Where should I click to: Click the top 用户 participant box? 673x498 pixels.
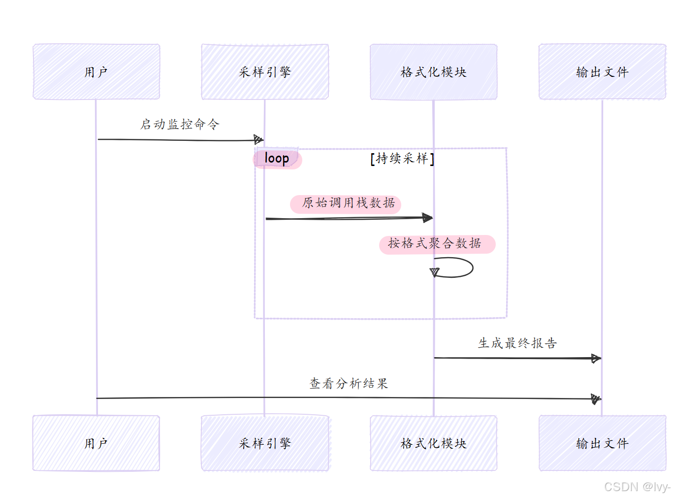(96, 72)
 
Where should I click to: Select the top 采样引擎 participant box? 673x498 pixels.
(265, 72)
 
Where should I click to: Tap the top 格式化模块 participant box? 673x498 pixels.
(433, 72)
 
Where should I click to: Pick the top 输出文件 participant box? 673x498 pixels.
(602, 72)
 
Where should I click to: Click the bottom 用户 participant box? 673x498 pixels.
(96, 443)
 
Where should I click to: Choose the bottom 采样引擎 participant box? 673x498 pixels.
(265, 443)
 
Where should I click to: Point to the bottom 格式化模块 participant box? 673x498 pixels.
(433, 443)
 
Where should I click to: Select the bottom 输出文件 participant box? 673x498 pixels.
(602, 443)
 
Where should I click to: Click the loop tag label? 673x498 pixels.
(277, 158)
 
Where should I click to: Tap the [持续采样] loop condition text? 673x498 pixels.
(402, 159)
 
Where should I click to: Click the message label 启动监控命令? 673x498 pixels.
(180, 124)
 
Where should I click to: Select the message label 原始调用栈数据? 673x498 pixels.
(348, 203)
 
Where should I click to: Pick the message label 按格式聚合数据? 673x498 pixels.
(435, 243)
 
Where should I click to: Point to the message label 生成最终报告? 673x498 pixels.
(517, 343)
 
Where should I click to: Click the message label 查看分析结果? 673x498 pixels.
(349, 384)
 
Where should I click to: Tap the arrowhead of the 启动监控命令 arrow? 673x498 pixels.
(258, 139)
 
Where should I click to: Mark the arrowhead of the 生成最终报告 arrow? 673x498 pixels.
(596, 359)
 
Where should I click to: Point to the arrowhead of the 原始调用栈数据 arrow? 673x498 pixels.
(427, 217)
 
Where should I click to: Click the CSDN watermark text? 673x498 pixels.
(637, 487)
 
